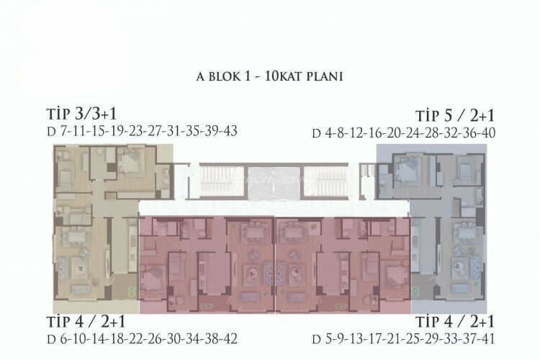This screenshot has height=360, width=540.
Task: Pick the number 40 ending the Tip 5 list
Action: click(x=487, y=132)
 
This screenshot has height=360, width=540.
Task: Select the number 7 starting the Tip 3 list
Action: click(x=63, y=131)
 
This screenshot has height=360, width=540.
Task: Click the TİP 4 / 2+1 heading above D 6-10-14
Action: click(x=85, y=321)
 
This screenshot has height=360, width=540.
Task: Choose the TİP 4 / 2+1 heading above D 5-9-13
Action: click(x=455, y=321)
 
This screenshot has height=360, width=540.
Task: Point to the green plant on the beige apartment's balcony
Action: click(x=131, y=290)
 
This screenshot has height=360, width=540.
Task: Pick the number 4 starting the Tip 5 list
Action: click(x=328, y=132)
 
